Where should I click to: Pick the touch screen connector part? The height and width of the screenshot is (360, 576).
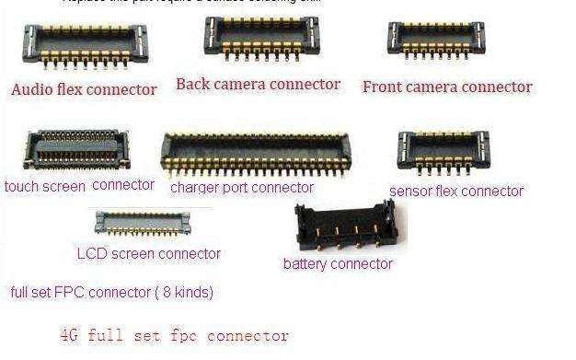(76, 150)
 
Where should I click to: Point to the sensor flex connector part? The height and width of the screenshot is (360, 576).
(444, 150)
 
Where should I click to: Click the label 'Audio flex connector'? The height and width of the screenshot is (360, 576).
(84, 89)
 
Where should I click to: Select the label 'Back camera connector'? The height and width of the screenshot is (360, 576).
(258, 85)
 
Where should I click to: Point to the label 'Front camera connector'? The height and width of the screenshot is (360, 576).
(447, 87)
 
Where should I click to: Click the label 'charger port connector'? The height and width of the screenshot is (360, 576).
(242, 187)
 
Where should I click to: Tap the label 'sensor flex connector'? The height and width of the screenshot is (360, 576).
(456, 192)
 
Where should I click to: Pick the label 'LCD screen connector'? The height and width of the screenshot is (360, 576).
(148, 253)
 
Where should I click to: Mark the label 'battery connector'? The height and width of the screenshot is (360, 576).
(338, 264)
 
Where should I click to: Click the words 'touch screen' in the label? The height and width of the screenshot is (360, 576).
(44, 186)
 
